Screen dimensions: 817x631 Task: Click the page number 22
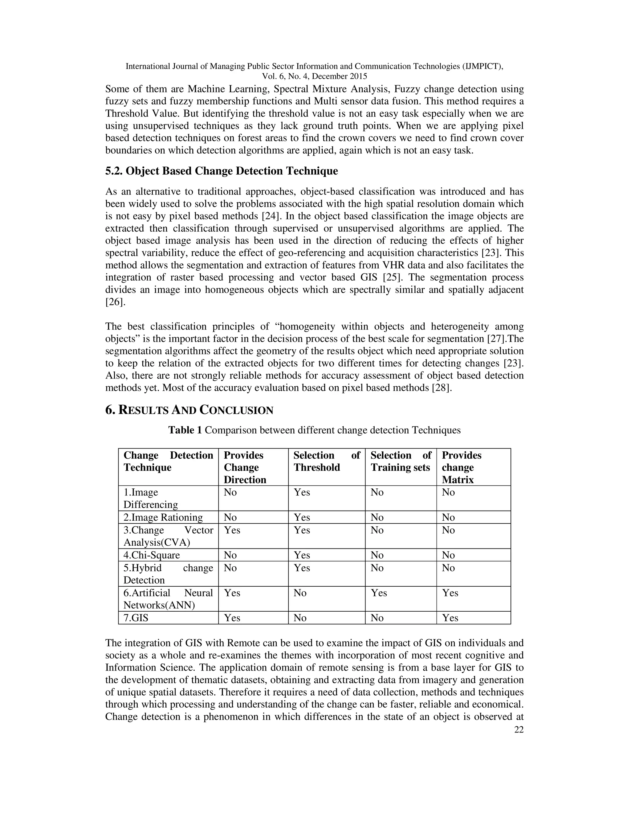click(519, 729)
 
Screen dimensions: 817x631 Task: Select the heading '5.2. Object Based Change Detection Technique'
click(221, 171)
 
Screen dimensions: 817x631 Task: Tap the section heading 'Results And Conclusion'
click(189, 410)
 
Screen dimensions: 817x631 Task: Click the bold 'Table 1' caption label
click(185, 430)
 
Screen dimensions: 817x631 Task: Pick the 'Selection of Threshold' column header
click(326, 461)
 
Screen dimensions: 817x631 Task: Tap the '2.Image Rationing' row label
click(163, 517)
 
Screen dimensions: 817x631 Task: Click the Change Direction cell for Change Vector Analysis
click(232, 530)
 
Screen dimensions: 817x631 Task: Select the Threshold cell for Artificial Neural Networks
click(300, 593)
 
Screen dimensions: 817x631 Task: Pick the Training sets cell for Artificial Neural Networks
click(379, 593)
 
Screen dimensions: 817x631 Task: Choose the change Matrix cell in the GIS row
click(450, 618)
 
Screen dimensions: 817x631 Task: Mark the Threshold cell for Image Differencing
click(302, 492)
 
